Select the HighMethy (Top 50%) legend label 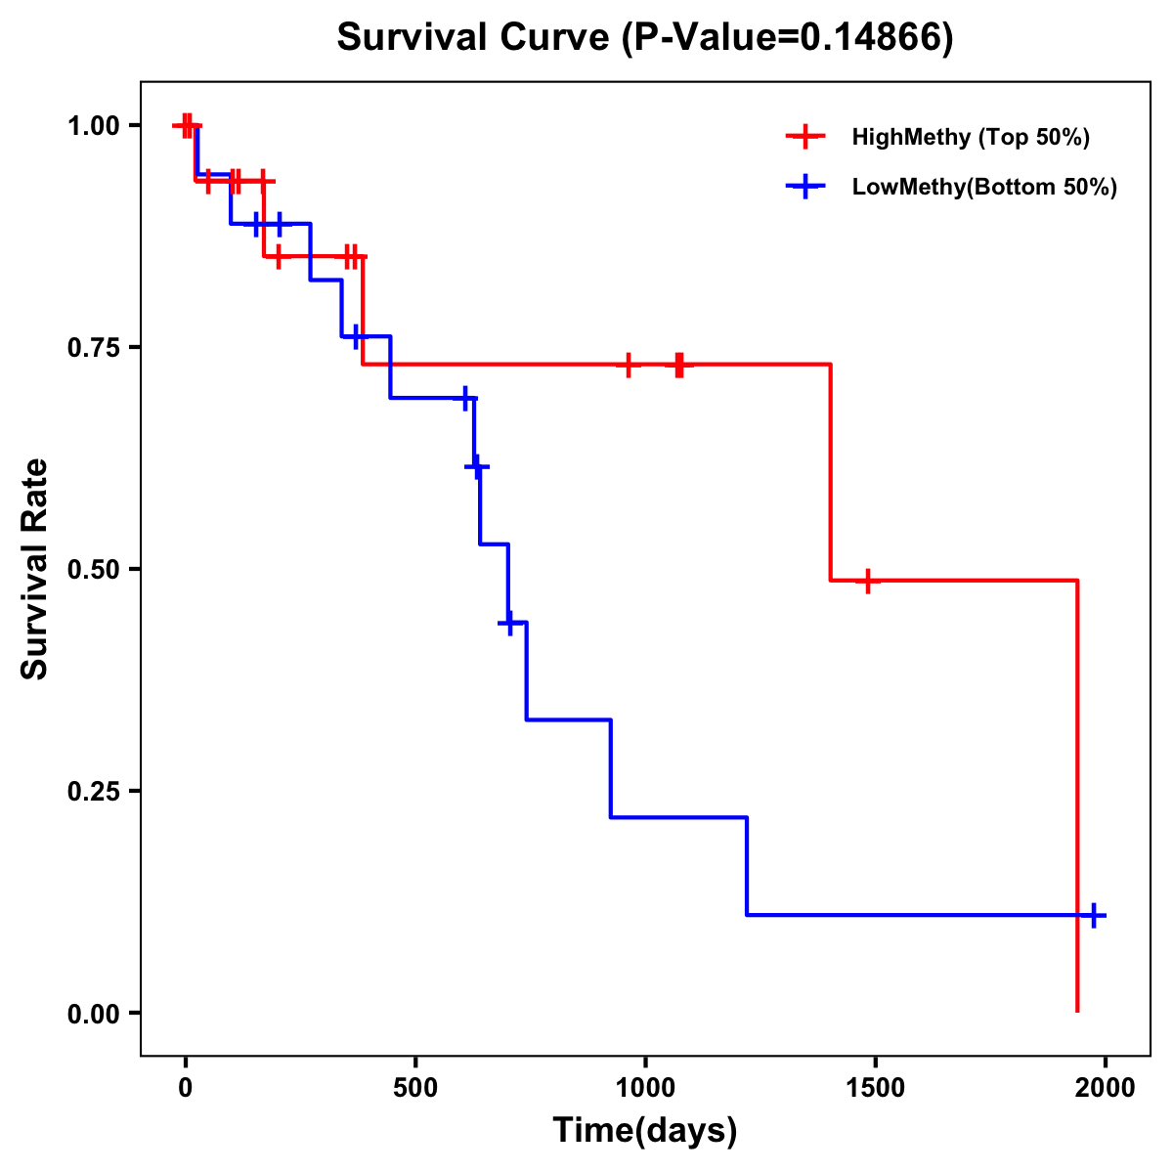coord(970,137)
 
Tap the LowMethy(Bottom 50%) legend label coord(984,187)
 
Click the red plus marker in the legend coord(805,137)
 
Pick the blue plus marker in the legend coord(805,187)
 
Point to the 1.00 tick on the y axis coord(93,125)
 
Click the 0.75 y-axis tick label coord(93,347)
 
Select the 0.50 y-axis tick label coord(93,569)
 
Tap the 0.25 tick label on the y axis coord(93,791)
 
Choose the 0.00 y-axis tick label coord(93,1014)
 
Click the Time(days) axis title coord(645,1131)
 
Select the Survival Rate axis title coord(35,569)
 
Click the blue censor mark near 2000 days coord(1094,916)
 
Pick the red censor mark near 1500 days coord(866,581)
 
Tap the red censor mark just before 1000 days coord(629,365)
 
